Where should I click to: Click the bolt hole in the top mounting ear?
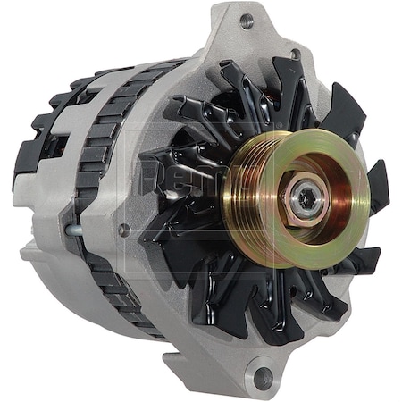247,21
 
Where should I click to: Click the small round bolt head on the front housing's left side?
122,230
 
